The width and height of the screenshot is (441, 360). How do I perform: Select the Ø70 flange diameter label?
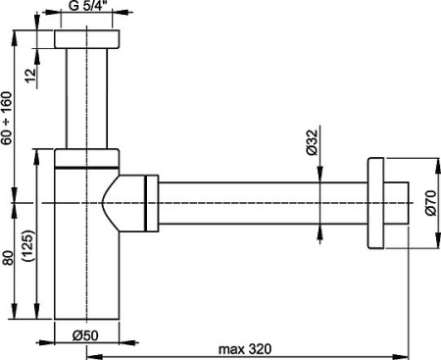[429, 205]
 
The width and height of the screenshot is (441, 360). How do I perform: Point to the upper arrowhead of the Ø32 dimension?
[321, 178]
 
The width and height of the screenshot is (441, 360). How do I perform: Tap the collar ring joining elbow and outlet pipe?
[150, 204]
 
